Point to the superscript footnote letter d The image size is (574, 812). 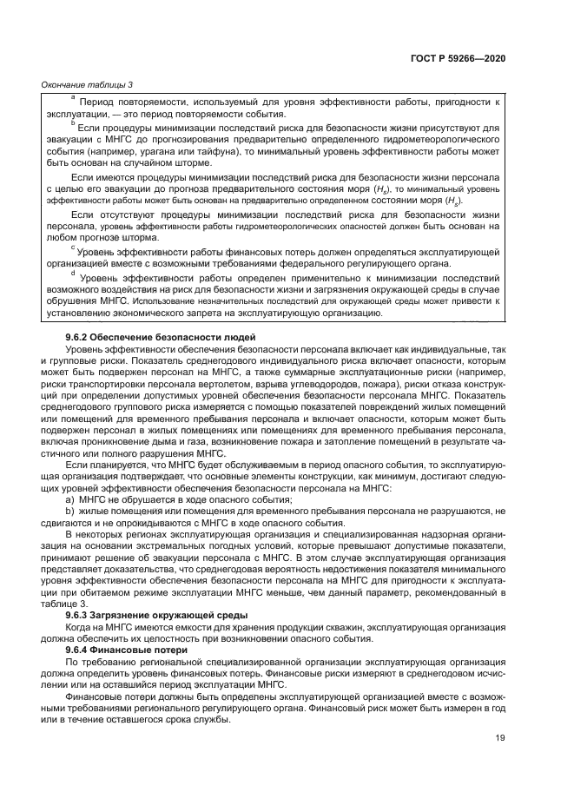(x=73, y=273)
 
